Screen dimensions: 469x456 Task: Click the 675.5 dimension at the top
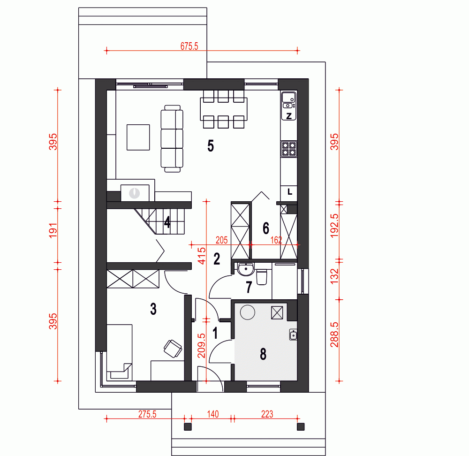pyautogui.click(x=189, y=46)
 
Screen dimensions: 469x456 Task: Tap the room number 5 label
pyautogui.click(x=211, y=146)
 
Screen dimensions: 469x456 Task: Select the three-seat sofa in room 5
pyautogui.click(x=172, y=139)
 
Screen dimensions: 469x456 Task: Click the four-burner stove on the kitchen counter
pyautogui.click(x=289, y=149)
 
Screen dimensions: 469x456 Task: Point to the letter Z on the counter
pyautogui.click(x=289, y=116)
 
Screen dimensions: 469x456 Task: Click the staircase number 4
pyautogui.click(x=167, y=222)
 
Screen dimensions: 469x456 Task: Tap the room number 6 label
pyautogui.click(x=266, y=228)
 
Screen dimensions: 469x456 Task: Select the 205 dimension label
pyautogui.click(x=222, y=240)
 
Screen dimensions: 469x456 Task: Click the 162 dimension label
pyautogui.click(x=276, y=240)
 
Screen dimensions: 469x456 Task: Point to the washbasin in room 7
pyautogui.click(x=246, y=269)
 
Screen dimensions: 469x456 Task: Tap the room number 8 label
pyautogui.click(x=263, y=354)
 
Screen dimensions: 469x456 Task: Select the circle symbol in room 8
pyautogui.click(x=248, y=312)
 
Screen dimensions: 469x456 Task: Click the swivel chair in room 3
pyautogui.click(x=173, y=349)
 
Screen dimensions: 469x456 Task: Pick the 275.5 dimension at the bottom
pyautogui.click(x=147, y=414)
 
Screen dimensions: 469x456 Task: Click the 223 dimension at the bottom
pyautogui.click(x=267, y=414)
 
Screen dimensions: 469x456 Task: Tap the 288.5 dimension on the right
pyautogui.click(x=334, y=334)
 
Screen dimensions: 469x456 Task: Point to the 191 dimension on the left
pyautogui.click(x=53, y=230)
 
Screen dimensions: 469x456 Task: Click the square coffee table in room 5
pyautogui.click(x=138, y=137)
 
